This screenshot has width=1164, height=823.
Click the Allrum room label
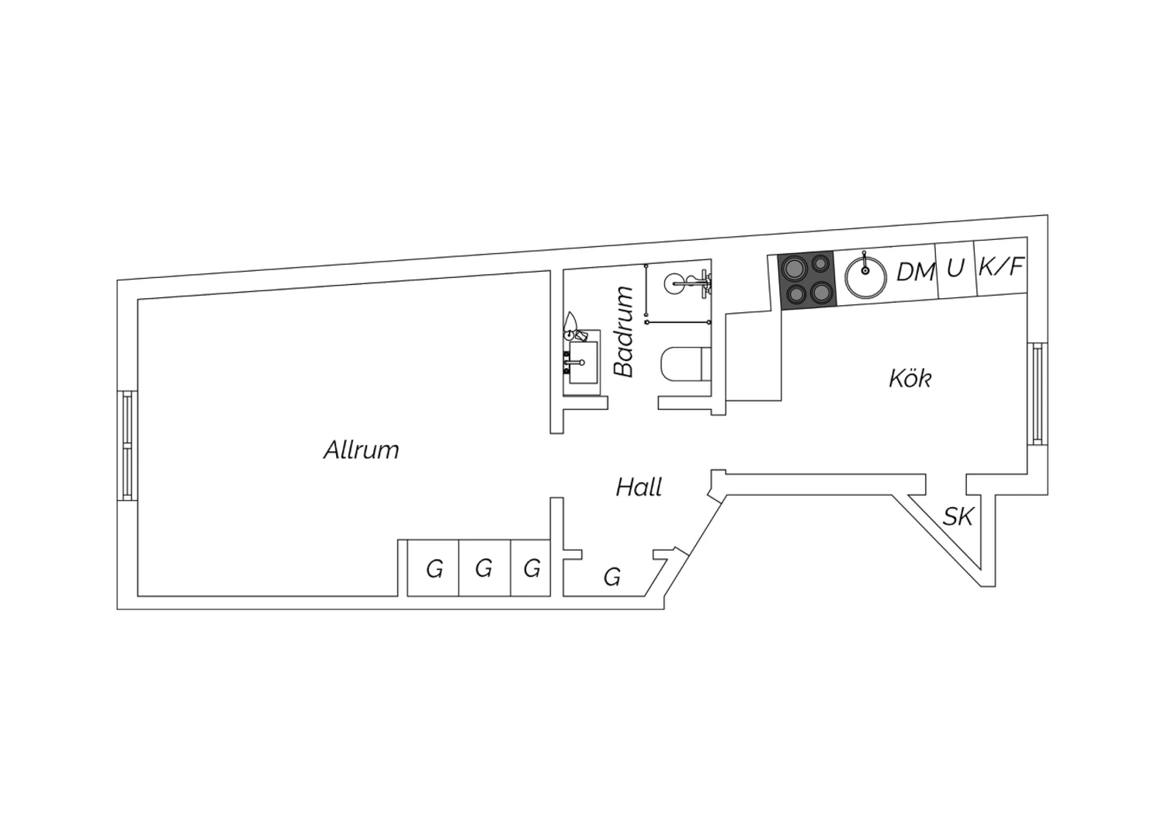click(x=361, y=450)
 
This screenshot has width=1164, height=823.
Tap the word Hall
click(x=639, y=488)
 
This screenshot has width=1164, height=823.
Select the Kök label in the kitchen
click(x=910, y=378)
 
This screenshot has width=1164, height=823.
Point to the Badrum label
click(x=624, y=332)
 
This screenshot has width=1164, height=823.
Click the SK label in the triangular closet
click(x=958, y=517)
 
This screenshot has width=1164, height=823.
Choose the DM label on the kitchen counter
click(x=916, y=272)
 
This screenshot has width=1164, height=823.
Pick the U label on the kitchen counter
click(x=955, y=269)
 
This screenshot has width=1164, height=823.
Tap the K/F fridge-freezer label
click(x=1001, y=267)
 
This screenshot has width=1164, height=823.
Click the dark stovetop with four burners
click(x=808, y=281)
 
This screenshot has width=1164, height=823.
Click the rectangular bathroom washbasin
click(x=583, y=362)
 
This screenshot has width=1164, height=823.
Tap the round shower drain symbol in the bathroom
click(x=676, y=283)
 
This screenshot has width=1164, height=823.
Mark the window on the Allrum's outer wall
click(x=127, y=446)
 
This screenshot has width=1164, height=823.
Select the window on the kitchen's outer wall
click(x=1038, y=394)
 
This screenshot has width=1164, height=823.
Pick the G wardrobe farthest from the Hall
click(x=433, y=568)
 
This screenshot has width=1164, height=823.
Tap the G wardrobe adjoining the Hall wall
click(x=531, y=568)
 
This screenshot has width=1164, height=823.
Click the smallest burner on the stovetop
click(x=820, y=264)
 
